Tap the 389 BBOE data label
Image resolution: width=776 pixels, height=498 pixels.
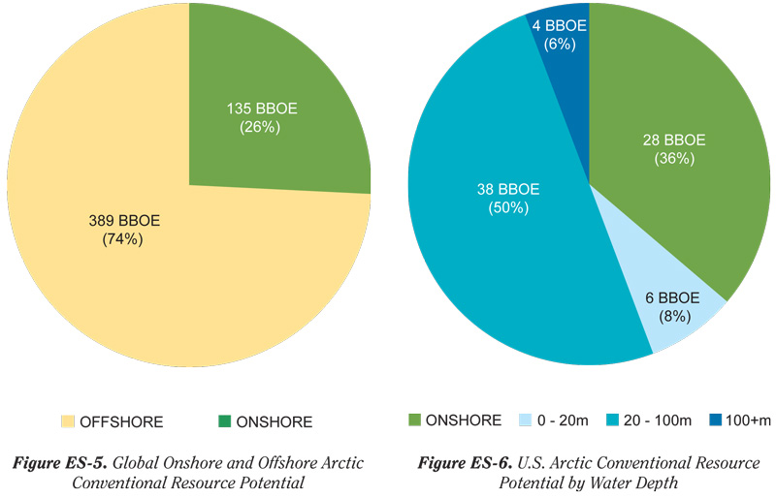123,221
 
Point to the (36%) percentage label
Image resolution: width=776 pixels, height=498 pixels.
673,159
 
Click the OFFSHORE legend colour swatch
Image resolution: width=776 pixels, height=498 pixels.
67,421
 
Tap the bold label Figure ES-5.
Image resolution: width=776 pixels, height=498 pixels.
59,463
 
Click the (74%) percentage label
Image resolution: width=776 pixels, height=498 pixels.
122,239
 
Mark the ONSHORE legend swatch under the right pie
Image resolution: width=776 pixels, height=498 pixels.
415,420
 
